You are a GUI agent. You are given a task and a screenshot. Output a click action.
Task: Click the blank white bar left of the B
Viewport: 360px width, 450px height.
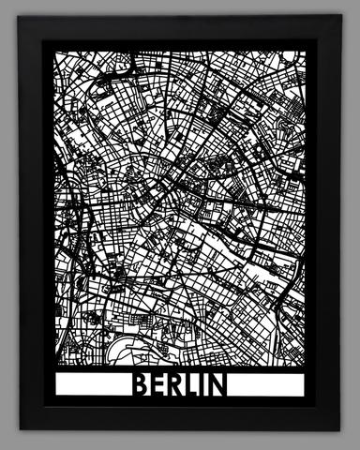point(89,385)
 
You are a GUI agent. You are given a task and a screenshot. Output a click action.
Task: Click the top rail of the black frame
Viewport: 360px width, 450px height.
point(180,28)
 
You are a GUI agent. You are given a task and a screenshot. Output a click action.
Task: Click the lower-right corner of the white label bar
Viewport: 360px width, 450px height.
point(306,397)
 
